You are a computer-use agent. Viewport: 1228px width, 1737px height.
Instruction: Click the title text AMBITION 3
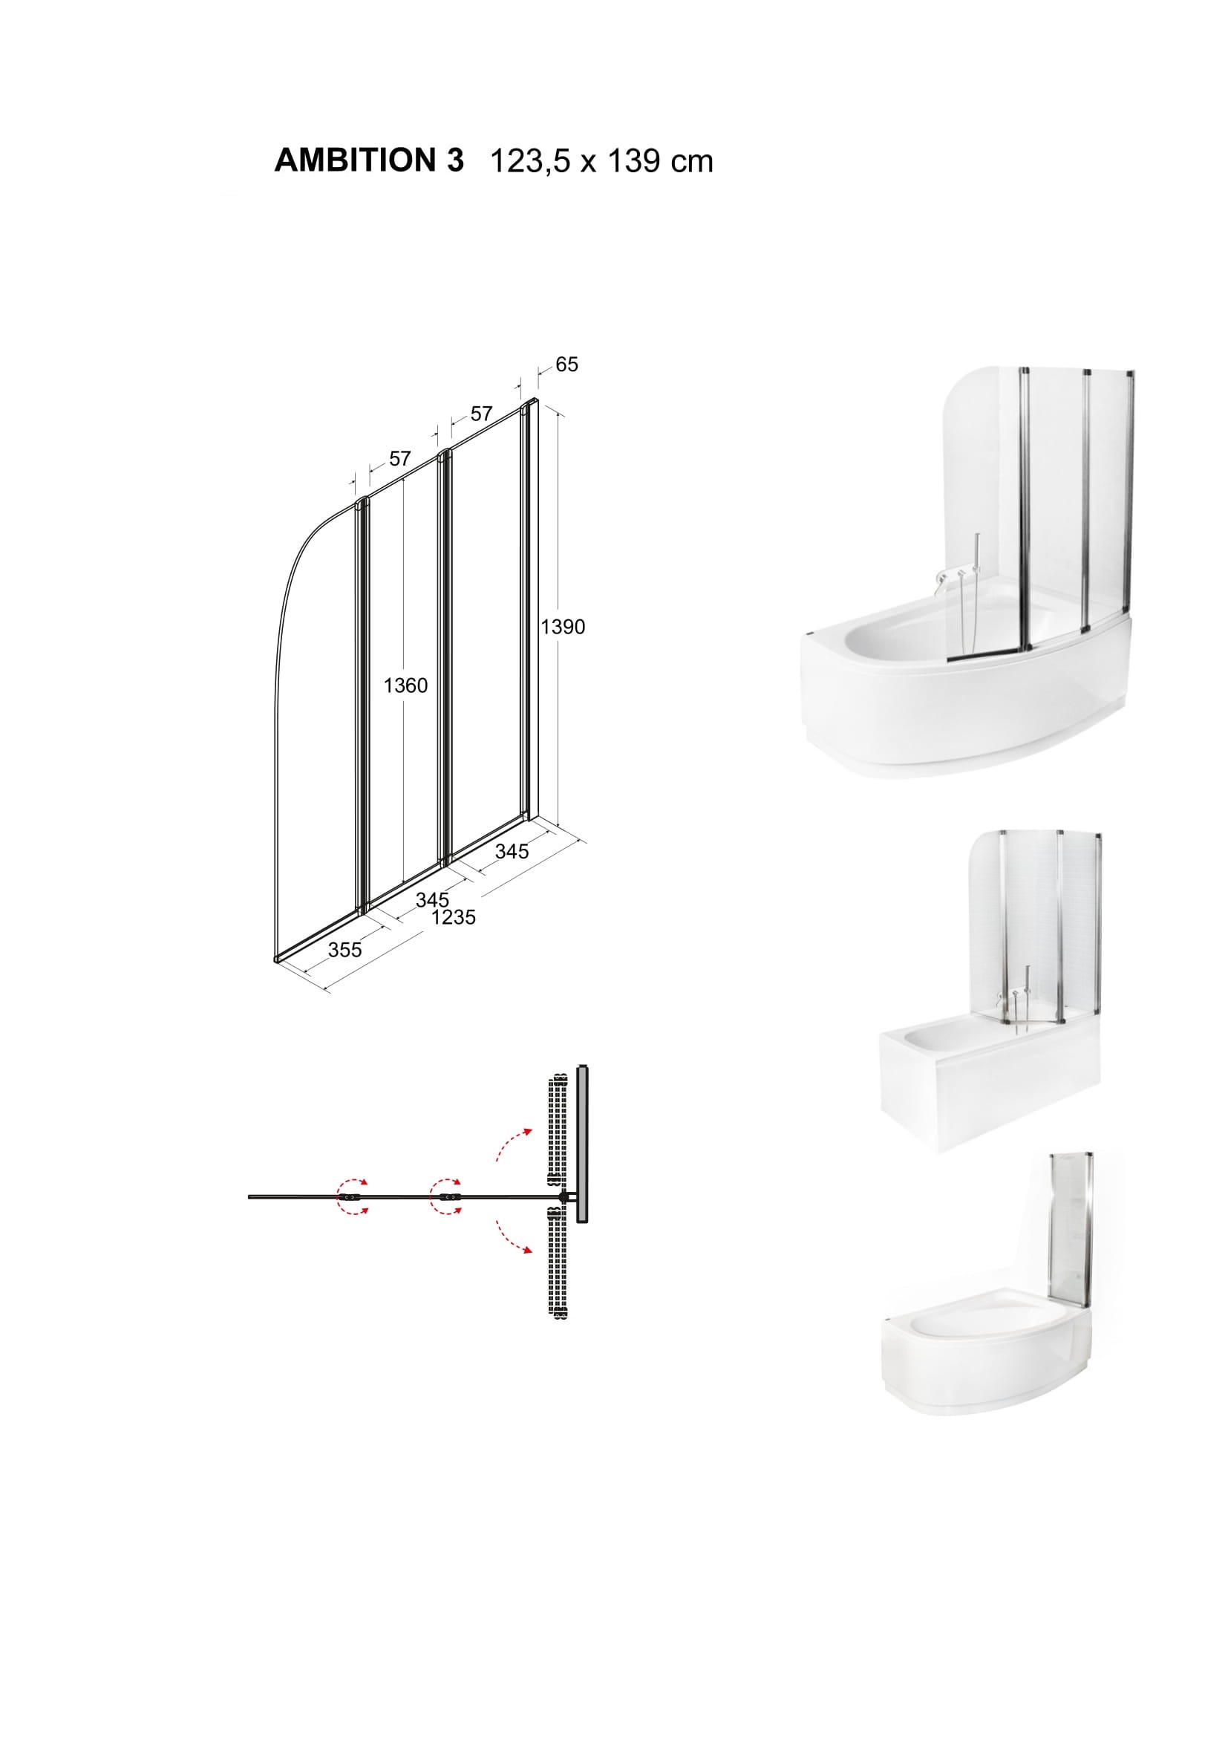point(369,160)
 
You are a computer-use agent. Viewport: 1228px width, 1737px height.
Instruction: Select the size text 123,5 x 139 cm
point(602,162)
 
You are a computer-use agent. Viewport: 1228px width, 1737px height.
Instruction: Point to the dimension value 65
point(566,365)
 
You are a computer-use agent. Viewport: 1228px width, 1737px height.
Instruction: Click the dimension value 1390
point(563,627)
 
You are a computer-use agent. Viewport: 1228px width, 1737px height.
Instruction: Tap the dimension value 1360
point(405,685)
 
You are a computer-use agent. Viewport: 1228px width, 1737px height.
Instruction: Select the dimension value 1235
point(454,918)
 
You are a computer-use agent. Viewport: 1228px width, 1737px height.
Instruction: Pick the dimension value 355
point(344,950)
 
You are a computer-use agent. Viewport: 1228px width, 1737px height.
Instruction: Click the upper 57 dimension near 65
point(481,414)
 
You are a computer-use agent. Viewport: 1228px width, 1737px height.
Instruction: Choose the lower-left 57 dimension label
point(399,458)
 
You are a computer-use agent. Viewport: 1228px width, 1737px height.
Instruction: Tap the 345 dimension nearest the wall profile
point(512,851)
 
